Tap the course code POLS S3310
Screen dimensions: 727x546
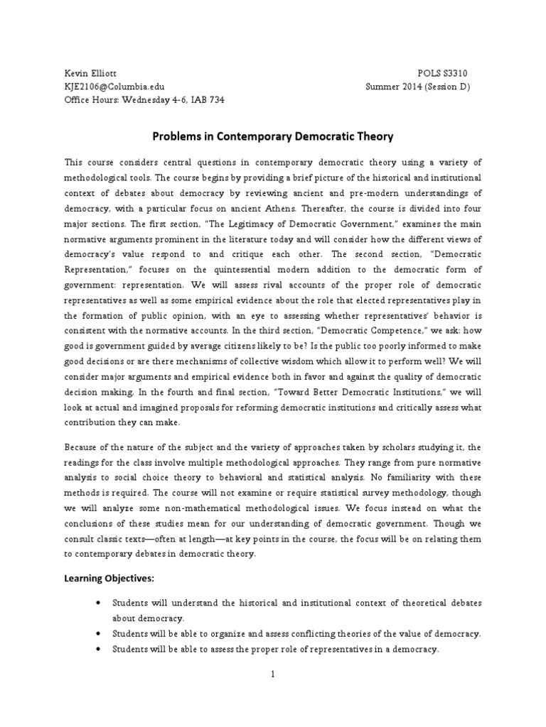[x=442, y=74]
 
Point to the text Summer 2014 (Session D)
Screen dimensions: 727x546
[x=418, y=87]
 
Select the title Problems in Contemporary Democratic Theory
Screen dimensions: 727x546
[x=273, y=136]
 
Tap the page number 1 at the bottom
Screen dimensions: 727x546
[x=272, y=674]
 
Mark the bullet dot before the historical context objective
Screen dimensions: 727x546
[x=97, y=603]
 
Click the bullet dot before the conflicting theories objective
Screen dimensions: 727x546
[x=97, y=634]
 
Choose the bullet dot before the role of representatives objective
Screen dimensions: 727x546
[x=97, y=650]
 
